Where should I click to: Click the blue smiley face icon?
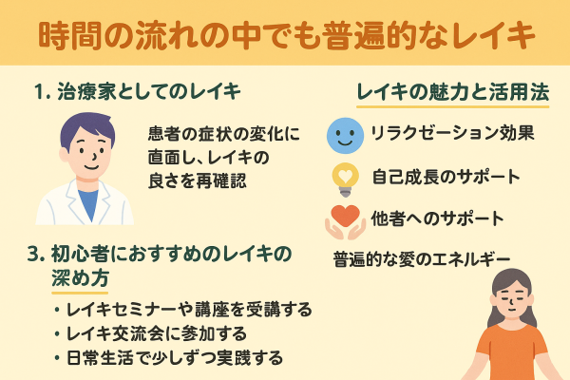point(343,134)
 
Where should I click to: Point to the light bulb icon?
point(343,178)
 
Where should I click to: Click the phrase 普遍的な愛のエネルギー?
point(422,258)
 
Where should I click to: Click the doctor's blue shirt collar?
point(87,193)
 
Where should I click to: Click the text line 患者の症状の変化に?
point(224,132)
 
